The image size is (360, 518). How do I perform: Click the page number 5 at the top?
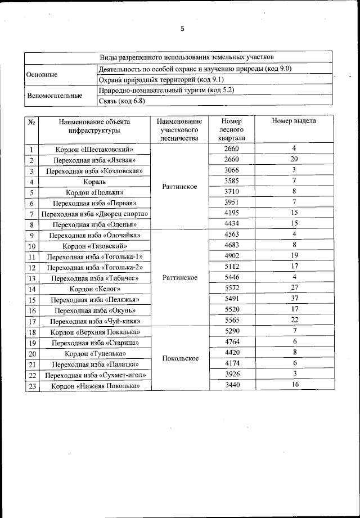182,29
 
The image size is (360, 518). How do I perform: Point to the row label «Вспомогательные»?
55,96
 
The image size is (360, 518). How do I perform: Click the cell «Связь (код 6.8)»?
121,101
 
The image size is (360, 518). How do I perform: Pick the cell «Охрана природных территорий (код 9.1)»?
153,79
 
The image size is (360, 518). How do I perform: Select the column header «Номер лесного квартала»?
231,129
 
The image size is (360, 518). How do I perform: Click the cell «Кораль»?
94,182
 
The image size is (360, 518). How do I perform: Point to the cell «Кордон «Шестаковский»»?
94,150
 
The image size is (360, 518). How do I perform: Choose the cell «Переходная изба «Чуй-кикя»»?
94,321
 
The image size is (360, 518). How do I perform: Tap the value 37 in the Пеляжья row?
294,299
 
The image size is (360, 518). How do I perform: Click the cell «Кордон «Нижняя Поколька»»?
94,386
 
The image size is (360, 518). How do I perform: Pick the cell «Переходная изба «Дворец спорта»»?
94,214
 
